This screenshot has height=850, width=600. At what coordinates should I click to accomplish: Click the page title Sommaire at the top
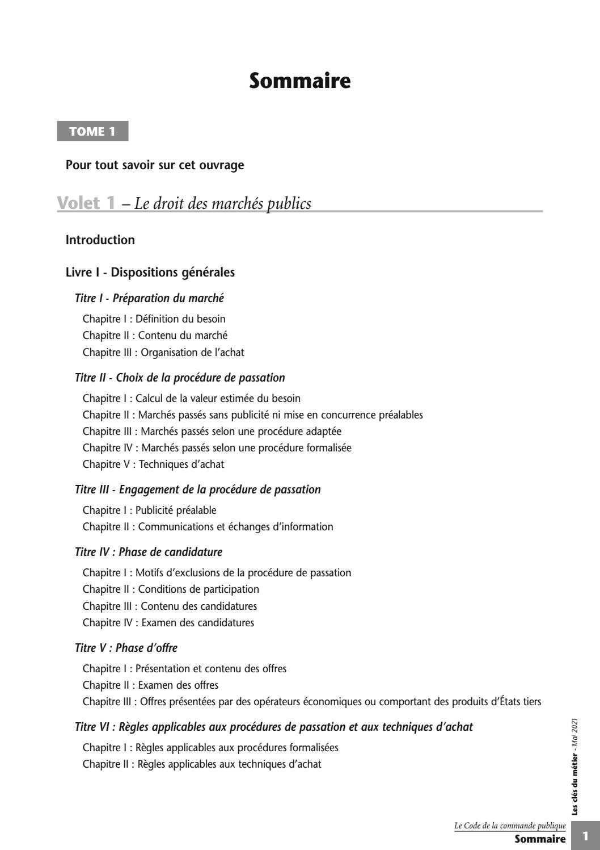coord(299,81)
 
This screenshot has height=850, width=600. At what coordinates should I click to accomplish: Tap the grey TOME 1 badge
coord(92,131)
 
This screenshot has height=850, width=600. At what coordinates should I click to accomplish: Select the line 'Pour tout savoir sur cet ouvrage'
coord(155,165)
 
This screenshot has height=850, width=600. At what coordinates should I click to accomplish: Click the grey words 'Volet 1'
coord(86,203)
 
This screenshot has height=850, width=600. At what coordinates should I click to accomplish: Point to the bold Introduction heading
coord(100,240)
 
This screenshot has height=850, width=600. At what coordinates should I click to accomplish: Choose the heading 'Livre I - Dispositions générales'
coord(150,272)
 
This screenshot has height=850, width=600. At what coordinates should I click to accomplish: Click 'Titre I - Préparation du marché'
coord(149,298)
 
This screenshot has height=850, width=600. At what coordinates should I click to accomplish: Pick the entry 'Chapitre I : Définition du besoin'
coord(154,319)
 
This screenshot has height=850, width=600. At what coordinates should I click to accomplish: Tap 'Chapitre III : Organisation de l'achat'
coord(163,352)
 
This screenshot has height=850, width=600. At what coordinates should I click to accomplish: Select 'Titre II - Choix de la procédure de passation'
coord(180,378)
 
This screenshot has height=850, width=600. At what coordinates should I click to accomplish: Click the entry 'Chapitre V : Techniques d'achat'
coord(153,464)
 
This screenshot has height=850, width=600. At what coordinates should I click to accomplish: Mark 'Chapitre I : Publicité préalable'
coord(150,510)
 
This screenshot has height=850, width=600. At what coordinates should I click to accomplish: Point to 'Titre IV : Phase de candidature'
coord(149,552)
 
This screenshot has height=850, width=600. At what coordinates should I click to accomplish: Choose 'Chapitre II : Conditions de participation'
coord(171,589)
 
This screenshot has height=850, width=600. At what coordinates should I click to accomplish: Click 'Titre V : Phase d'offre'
coord(126,648)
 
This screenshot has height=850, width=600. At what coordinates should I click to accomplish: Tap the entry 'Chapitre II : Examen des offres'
coord(150,685)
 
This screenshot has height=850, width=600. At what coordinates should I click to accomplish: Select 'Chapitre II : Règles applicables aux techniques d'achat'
coord(202,764)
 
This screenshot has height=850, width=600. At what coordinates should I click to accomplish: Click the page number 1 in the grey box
coord(585,836)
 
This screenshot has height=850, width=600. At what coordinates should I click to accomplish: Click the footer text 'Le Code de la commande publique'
coord(510,826)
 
